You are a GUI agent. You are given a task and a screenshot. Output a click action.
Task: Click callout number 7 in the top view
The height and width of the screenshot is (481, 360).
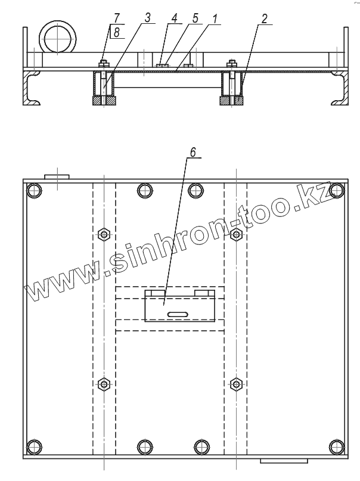coord(116,17)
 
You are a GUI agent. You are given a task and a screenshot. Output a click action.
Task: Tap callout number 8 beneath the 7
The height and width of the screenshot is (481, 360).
coord(117,32)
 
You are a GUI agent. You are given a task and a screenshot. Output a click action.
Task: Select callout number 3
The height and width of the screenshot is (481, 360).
coord(147,17)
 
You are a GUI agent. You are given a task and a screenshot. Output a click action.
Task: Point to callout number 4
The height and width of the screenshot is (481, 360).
coord(174,18)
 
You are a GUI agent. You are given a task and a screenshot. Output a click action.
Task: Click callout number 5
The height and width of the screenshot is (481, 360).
coord(195,18)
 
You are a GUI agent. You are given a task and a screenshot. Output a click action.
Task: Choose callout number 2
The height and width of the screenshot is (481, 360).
coord(264,18)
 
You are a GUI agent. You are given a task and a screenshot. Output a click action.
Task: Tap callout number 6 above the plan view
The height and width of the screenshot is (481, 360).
coord(193,152)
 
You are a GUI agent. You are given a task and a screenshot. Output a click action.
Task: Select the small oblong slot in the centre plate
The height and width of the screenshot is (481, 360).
coord(178,314)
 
